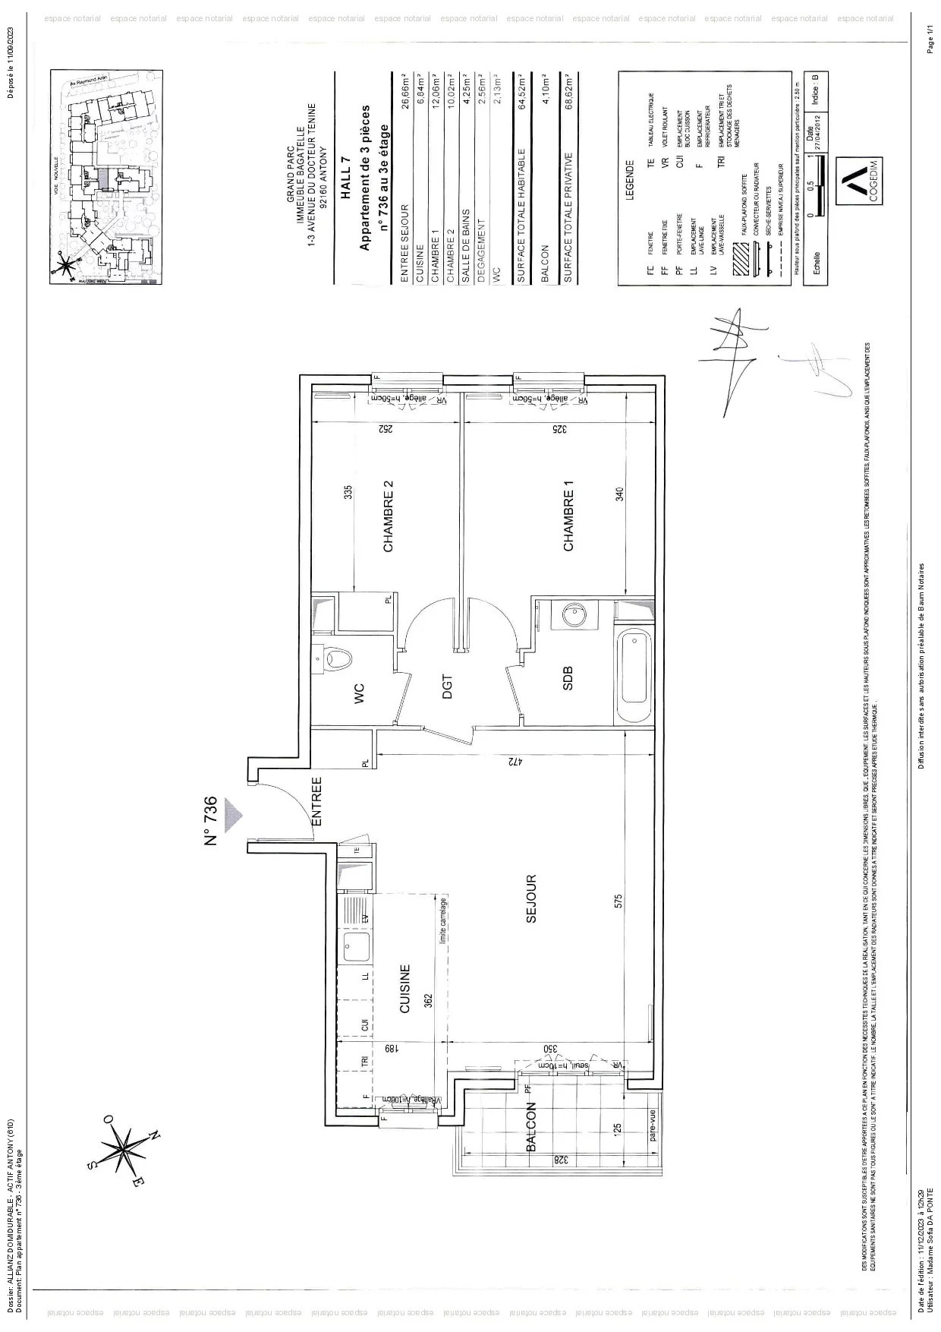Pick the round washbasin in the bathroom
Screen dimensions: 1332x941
pos(571,616)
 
